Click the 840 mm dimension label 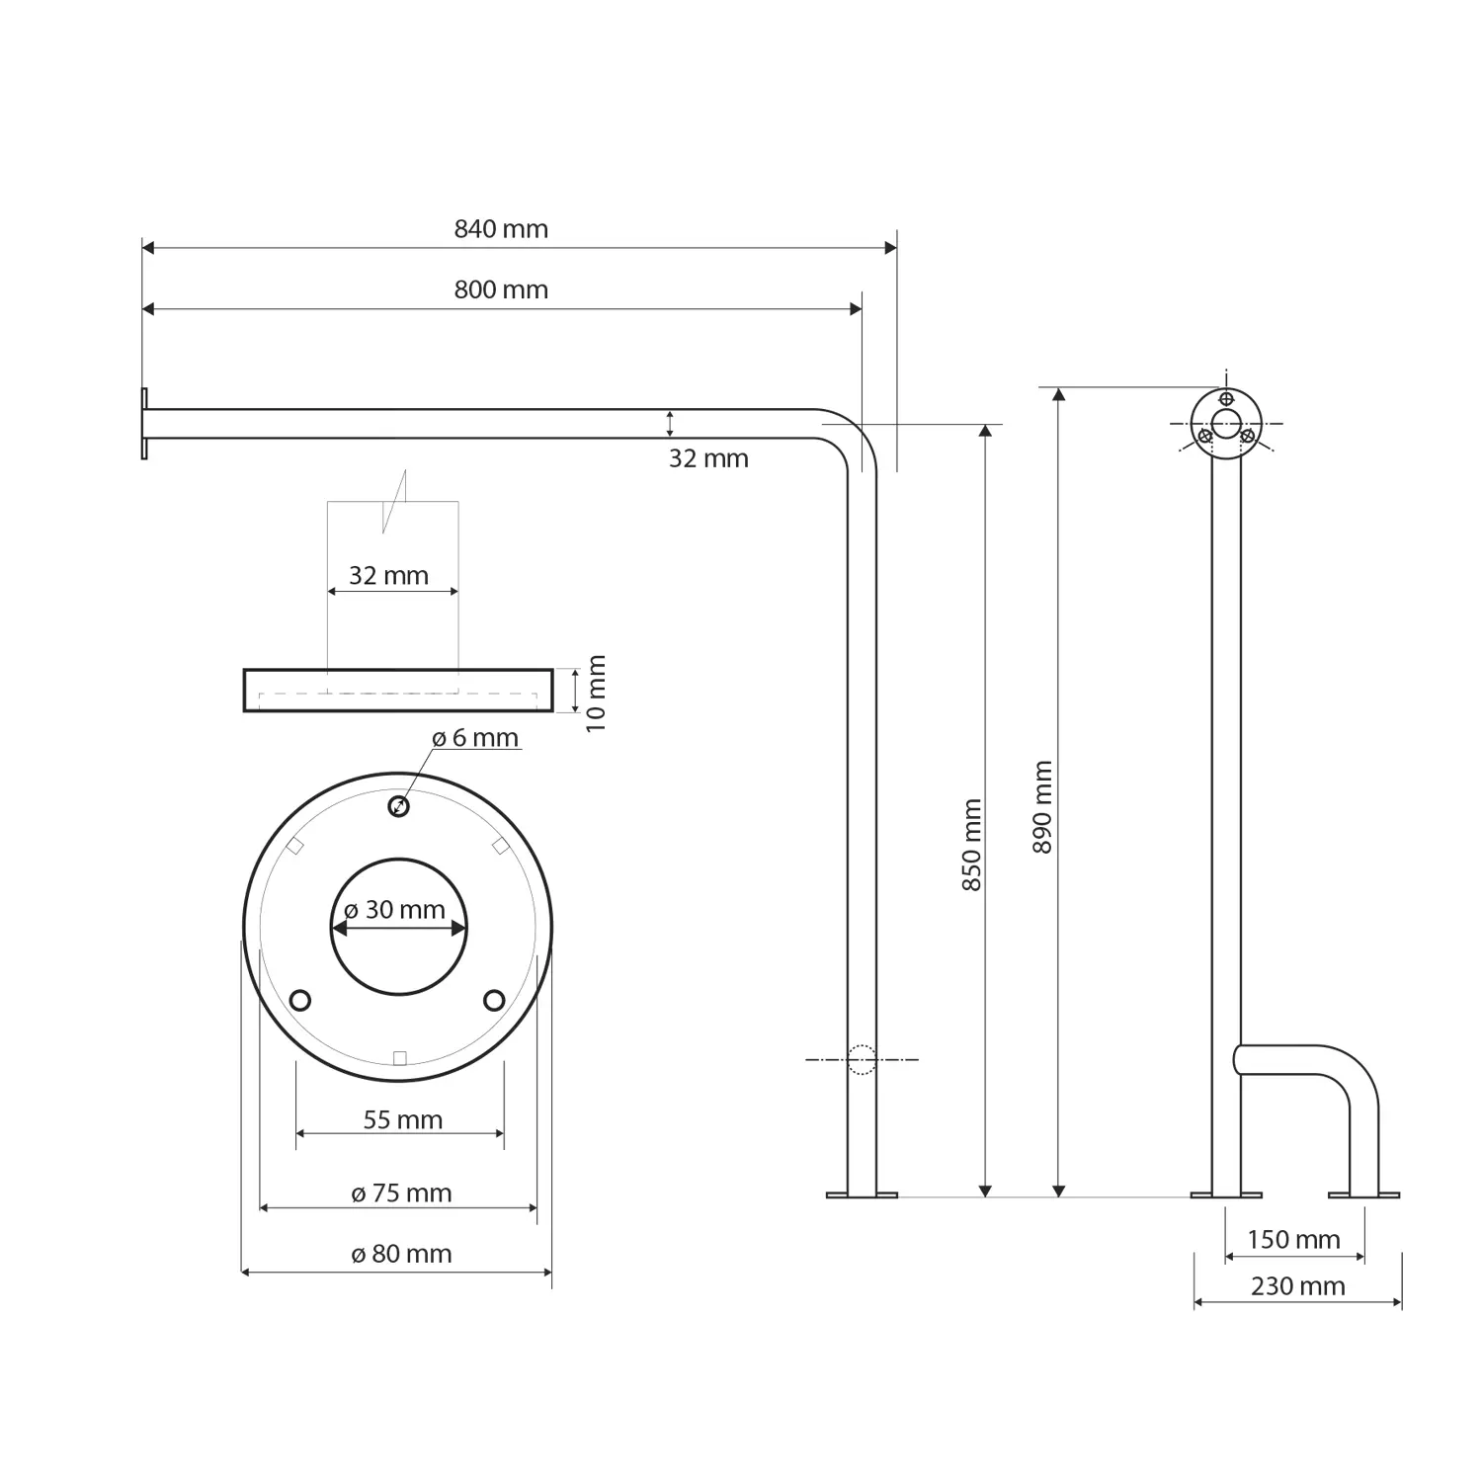click(x=501, y=229)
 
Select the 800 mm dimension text click(x=501, y=289)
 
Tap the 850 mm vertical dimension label click(x=972, y=845)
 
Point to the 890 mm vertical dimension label click(x=1042, y=807)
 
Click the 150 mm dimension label click(x=1293, y=1239)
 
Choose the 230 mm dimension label click(x=1297, y=1286)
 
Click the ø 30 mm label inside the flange click(x=394, y=910)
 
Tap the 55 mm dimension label click(x=402, y=1119)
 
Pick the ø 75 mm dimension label click(x=401, y=1194)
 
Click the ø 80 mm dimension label click(x=401, y=1254)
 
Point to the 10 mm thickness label click(x=596, y=693)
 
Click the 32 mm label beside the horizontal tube click(x=708, y=458)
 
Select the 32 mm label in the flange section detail click(x=388, y=575)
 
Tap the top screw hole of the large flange click(x=398, y=806)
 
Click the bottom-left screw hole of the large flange click(x=301, y=1000)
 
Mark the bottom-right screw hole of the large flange click(x=494, y=1000)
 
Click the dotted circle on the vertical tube click(x=862, y=1059)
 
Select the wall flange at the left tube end click(x=144, y=423)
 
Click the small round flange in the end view click(x=1226, y=424)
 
